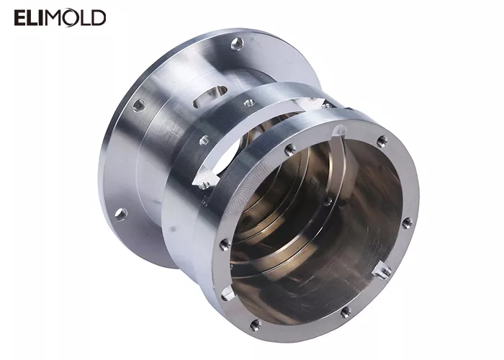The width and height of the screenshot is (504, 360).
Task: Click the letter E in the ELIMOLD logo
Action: (x=20, y=18)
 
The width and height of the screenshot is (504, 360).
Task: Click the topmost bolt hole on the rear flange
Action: (x=236, y=45)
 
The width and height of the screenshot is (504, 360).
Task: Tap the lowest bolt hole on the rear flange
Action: (x=121, y=214)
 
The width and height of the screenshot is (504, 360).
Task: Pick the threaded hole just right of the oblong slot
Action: (x=249, y=103)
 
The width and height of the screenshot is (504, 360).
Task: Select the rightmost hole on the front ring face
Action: (x=407, y=222)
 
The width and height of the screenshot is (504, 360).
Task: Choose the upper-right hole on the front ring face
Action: (x=382, y=141)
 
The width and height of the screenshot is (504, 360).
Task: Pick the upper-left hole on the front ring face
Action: (x=289, y=150)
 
